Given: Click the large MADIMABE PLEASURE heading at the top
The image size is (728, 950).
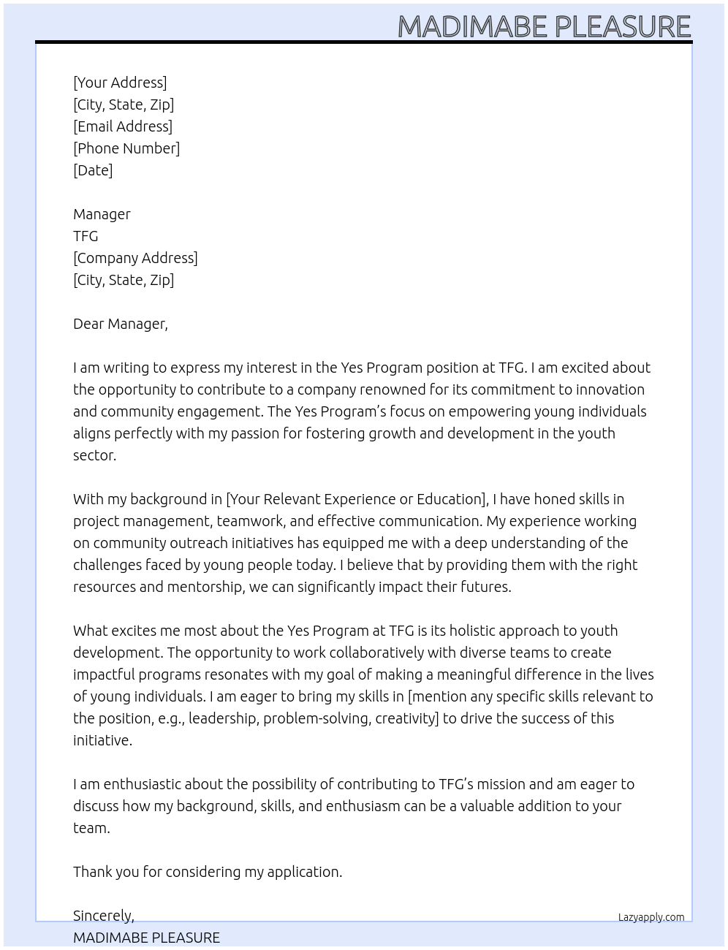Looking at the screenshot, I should (544, 26).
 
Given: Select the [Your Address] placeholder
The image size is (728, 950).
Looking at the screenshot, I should (120, 83).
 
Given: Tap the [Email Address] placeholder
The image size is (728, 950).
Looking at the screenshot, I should (123, 126).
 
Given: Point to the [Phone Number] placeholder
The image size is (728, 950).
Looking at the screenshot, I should (126, 148).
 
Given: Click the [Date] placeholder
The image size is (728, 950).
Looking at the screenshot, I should (93, 170).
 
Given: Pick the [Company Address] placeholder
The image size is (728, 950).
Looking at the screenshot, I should (135, 258).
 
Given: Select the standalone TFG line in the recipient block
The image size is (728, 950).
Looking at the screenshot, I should (86, 236).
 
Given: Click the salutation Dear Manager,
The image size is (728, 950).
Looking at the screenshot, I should (121, 324).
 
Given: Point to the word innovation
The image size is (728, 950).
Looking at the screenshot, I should (610, 389).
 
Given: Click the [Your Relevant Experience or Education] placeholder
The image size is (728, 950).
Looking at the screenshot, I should (357, 499).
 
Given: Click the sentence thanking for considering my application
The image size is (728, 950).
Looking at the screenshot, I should (208, 872).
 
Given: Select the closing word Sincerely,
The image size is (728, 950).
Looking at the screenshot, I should (104, 916).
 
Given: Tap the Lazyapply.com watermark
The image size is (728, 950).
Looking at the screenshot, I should (651, 917).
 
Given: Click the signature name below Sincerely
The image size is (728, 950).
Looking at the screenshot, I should (146, 938).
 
